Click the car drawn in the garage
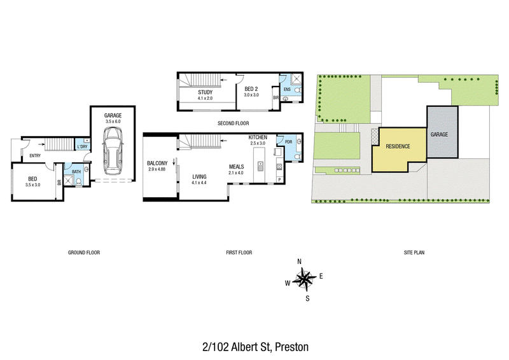(113, 151)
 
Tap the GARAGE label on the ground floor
(113, 115)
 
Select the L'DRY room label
(83, 147)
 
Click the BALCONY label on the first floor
(157, 163)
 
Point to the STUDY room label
(205, 92)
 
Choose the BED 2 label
(251, 89)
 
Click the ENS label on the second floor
(288, 89)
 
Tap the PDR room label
(289, 142)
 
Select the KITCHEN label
(258, 137)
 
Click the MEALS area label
(236, 167)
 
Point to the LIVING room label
(199, 177)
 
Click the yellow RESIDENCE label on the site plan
(398, 146)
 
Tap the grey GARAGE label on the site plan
(439, 134)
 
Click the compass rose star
(305, 279)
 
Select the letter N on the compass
(299, 261)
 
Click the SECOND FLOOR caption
(233, 123)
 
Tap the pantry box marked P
(279, 179)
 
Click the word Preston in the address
(291, 347)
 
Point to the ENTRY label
(35, 156)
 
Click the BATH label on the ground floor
(76, 172)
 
